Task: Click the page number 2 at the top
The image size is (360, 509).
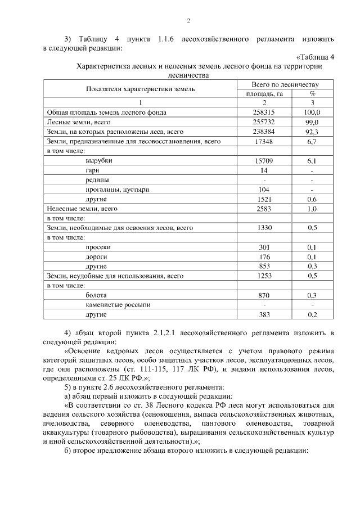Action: click(x=189, y=21)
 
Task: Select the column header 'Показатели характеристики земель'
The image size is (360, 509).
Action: click(x=140, y=89)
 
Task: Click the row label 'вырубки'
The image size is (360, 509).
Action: click(x=98, y=161)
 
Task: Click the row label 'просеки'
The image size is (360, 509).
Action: click(x=98, y=247)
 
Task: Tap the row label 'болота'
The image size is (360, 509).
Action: click(x=96, y=295)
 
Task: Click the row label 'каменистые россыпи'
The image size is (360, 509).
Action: click(x=118, y=304)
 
